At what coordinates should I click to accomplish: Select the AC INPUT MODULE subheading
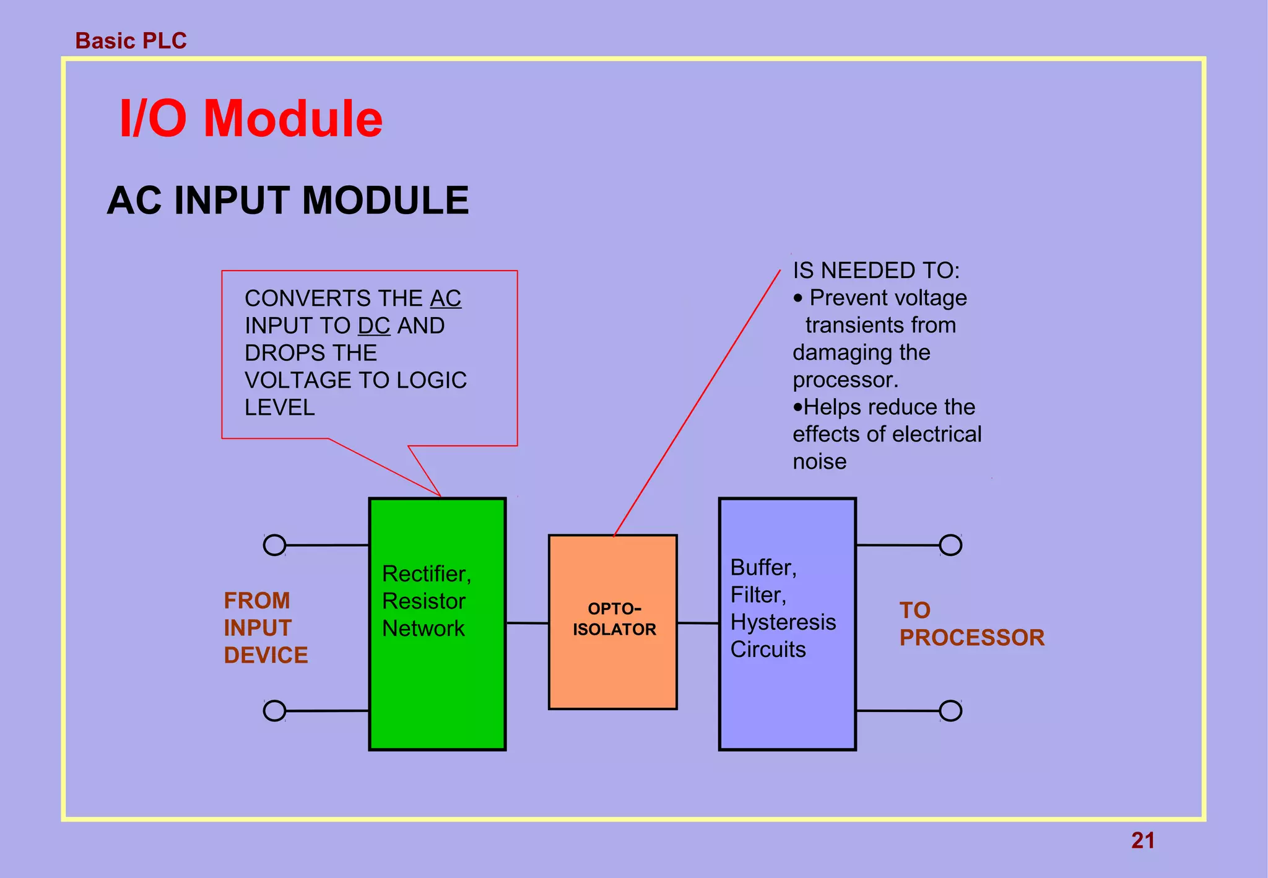point(288,201)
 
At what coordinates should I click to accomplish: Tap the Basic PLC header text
point(131,41)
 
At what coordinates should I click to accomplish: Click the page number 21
point(1142,840)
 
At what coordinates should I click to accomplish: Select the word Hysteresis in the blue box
point(783,622)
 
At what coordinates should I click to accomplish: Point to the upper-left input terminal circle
point(274,545)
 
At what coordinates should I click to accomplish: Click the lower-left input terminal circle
point(274,711)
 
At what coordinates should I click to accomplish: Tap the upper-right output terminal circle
point(950,545)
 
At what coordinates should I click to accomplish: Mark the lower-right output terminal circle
point(950,711)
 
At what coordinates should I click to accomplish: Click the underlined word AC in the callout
point(446,298)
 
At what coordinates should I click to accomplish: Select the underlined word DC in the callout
point(374,326)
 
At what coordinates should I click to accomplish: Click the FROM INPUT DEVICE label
point(266,628)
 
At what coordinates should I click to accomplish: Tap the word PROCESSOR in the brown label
point(971,638)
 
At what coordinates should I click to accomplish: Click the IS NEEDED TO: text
point(876,271)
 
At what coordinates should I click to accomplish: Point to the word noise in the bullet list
point(819,461)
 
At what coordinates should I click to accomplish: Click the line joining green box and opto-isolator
point(528,623)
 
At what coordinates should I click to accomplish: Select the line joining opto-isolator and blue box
point(698,623)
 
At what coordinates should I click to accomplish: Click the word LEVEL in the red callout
point(280,407)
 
